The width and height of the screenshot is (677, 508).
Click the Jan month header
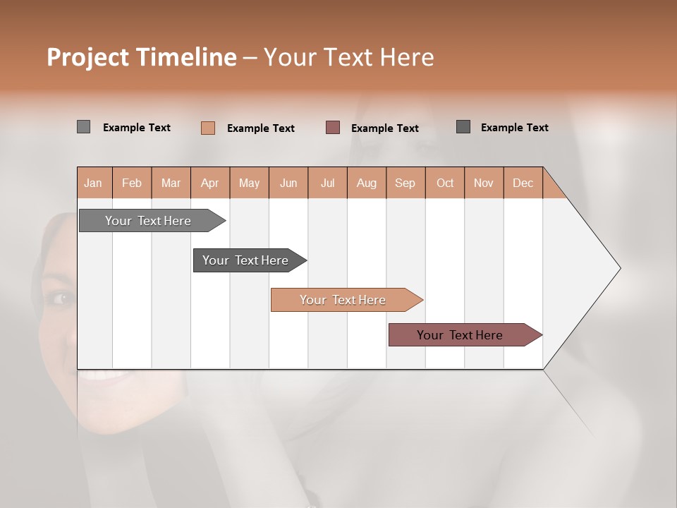pyautogui.click(x=94, y=183)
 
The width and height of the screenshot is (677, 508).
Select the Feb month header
pyautogui.click(x=132, y=183)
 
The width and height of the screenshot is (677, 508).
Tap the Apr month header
pyautogui.click(x=210, y=183)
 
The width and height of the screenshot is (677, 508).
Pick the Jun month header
pyautogui.click(x=288, y=183)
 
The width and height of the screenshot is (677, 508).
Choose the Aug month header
pyautogui.click(x=367, y=183)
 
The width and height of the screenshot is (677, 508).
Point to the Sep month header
pyautogui.click(x=405, y=183)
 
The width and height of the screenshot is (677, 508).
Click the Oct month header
pyautogui.click(x=445, y=183)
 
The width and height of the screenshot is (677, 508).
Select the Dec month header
pyautogui.click(x=523, y=183)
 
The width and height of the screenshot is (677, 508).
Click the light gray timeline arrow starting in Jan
pyautogui.click(x=149, y=221)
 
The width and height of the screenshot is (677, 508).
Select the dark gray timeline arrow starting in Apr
pyautogui.click(x=246, y=260)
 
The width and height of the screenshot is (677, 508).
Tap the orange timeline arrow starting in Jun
pyautogui.click(x=343, y=300)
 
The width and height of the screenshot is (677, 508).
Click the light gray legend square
pyautogui.click(x=83, y=127)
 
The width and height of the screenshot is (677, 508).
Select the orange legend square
pyautogui.click(x=208, y=128)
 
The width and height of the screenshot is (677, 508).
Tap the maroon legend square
pyautogui.click(x=333, y=128)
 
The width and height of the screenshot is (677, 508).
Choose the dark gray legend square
pyautogui.click(x=463, y=127)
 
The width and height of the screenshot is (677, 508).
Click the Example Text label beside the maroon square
pyautogui.click(x=385, y=128)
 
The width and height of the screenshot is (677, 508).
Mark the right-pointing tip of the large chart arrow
pyautogui.click(x=619, y=268)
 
